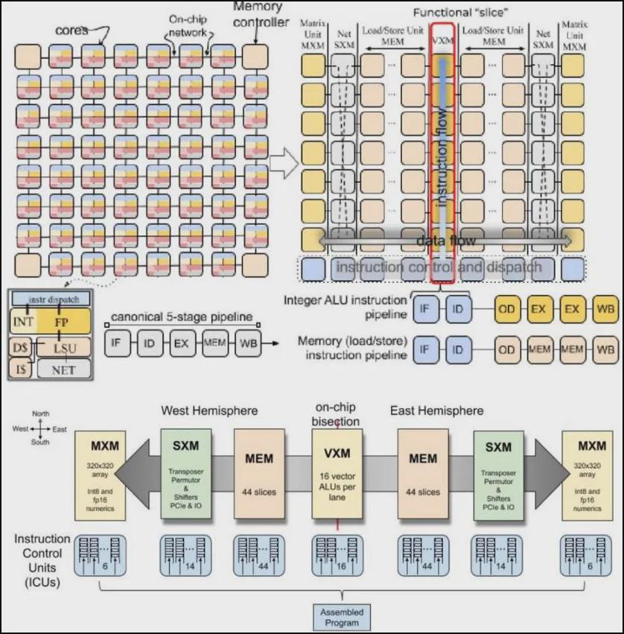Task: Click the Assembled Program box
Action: [x=341, y=617]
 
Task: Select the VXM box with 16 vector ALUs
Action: [x=337, y=475]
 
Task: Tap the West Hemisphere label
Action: [x=209, y=410]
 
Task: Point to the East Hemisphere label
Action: [x=436, y=410]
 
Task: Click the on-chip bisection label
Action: [x=338, y=415]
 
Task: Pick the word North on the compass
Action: [x=40, y=413]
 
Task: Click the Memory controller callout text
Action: [x=260, y=14]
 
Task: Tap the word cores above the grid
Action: [x=72, y=31]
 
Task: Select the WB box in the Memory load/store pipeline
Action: [x=607, y=349]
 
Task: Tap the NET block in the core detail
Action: [x=63, y=369]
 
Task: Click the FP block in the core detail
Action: [x=62, y=322]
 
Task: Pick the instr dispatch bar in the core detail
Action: [x=51, y=299]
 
